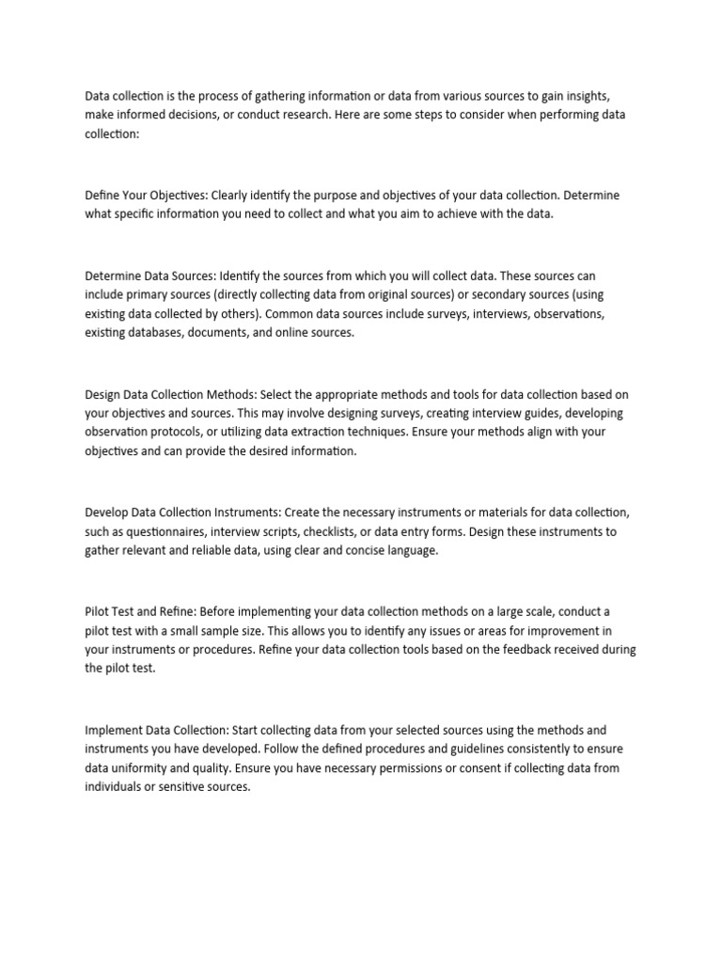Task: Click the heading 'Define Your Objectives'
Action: (x=145, y=196)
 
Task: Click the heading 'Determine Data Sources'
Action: (x=150, y=276)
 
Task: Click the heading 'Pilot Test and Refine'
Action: (x=138, y=611)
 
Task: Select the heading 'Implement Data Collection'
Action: (x=155, y=730)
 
